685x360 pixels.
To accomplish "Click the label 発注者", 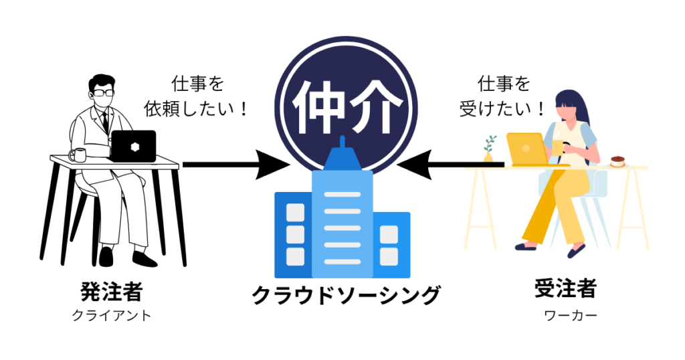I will click(x=112, y=290).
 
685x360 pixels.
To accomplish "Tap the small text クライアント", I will click(x=112, y=315).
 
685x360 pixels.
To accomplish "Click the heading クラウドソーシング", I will click(x=346, y=294).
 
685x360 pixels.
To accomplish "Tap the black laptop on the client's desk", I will click(x=133, y=146).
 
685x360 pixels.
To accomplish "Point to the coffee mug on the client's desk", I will click(x=77, y=155).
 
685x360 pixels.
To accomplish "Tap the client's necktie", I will click(x=104, y=122).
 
